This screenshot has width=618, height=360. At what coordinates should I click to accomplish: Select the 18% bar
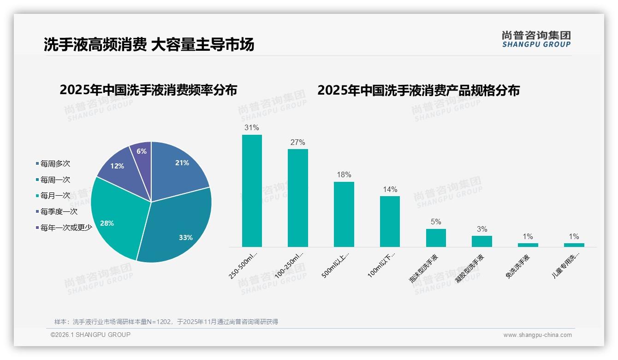[344, 214]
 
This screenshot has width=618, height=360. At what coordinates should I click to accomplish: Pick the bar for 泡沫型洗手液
[436, 238]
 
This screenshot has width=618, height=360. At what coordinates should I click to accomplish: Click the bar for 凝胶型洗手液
[481, 241]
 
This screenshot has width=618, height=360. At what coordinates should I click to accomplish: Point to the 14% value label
[390, 189]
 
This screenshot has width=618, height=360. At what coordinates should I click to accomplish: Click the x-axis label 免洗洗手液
[517, 267]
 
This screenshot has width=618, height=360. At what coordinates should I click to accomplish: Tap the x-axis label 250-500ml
[244, 265]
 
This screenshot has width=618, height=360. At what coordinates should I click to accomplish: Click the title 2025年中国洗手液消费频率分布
[148, 90]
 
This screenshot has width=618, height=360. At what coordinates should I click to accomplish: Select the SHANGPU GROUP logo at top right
[536, 39]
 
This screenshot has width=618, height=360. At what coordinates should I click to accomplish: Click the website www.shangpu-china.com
[537, 335]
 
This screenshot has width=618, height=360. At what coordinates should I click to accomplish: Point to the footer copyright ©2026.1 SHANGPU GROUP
[90, 335]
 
